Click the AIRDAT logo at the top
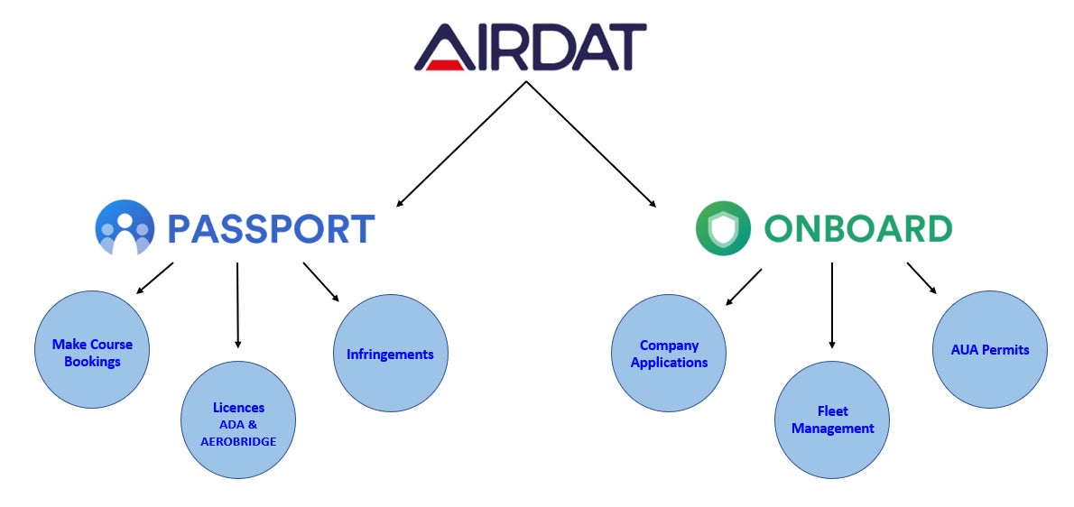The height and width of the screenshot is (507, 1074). coord(530,47)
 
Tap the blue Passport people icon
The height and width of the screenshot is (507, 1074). coord(125,228)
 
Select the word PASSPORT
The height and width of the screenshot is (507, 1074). coord(272,229)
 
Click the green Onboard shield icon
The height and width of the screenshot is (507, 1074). coord(723,228)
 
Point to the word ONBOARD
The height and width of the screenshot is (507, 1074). coord(858,229)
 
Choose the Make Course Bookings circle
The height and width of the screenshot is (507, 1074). coord(92,350)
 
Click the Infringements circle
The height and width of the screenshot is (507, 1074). coord(391,353)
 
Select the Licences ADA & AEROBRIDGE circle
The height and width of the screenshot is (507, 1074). coord(237,419)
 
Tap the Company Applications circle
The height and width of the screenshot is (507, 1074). coord(669,353)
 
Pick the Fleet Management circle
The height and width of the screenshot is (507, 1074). coord(832,419)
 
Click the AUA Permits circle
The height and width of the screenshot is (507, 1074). coord(990,350)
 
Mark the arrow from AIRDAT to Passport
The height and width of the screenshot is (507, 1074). coord(461,143)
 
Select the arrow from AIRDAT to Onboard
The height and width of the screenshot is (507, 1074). coord(591,143)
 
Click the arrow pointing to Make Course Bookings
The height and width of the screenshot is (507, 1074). coord(155,278)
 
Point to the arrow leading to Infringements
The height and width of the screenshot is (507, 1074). coord(321,281)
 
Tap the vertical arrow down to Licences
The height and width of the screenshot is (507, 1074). coord(237,305)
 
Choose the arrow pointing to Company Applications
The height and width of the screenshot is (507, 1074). coord(743,287)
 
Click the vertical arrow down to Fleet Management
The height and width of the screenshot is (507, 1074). coord(832,305)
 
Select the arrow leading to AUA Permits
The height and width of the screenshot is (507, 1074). coord(922,279)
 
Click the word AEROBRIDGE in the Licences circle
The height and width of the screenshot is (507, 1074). coord(238,442)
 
